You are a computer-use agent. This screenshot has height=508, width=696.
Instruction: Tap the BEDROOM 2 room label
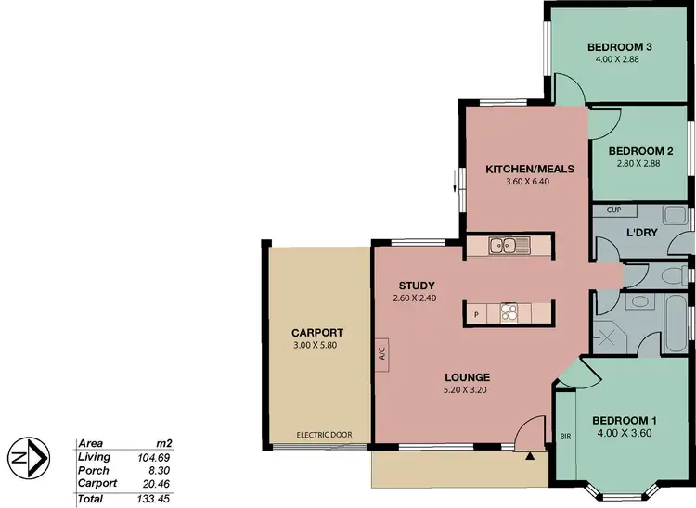tap(640, 151)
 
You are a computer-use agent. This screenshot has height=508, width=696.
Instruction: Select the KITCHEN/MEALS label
tap(531, 170)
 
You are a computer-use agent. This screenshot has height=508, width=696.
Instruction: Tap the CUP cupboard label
tap(612, 210)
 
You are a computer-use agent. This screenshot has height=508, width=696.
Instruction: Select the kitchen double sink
tap(508, 246)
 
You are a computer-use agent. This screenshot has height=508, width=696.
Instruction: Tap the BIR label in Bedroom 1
tap(565, 435)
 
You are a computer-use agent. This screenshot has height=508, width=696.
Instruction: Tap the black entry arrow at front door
tap(530, 455)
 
